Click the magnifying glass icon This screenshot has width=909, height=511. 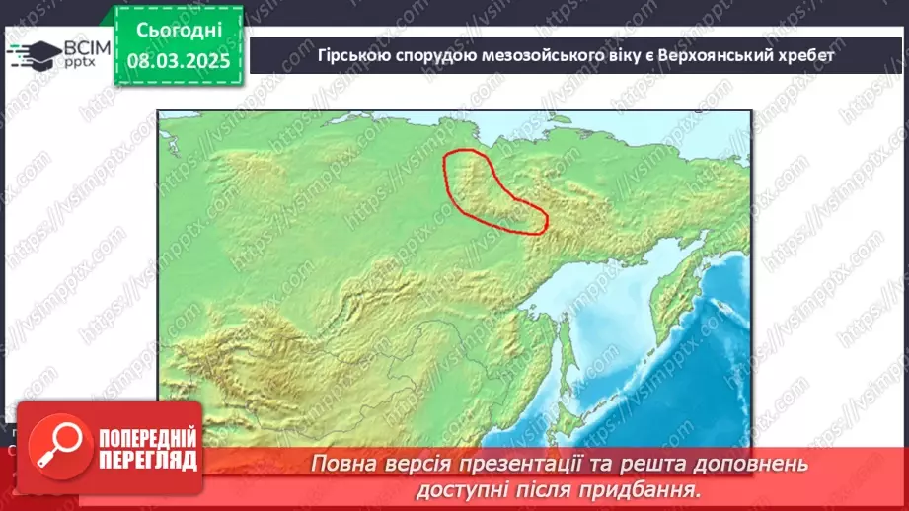[x=55, y=449]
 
